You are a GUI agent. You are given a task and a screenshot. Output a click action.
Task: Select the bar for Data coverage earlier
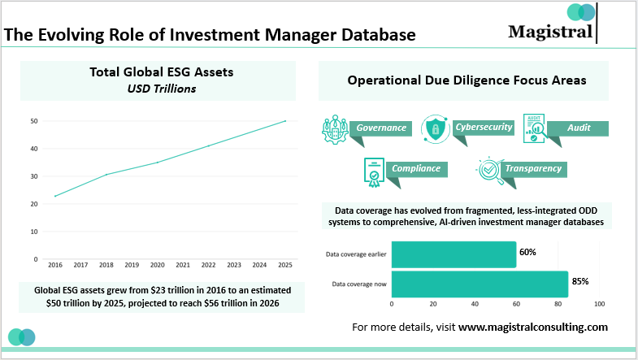tap(454, 254)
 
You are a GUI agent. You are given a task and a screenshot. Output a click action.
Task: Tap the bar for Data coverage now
tap(480, 284)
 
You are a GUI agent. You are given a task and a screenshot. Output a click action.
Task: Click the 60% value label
tap(527, 252)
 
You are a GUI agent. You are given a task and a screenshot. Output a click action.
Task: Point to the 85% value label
tap(579, 281)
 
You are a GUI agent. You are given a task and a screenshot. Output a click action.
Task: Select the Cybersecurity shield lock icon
tap(436, 128)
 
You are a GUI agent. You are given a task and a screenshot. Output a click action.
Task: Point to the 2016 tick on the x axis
tap(55, 265)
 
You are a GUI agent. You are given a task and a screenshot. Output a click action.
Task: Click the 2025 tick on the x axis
tap(284, 265)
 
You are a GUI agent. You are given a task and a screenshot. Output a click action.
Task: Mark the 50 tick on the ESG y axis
tap(35, 121)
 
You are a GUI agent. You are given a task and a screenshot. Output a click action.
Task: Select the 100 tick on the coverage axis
tap(600, 304)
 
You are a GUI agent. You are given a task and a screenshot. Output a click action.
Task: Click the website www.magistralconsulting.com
tap(533, 327)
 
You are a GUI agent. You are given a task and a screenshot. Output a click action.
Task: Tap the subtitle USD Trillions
tap(161, 88)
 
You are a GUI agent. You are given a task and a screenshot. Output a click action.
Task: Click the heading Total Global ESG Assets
tap(161, 72)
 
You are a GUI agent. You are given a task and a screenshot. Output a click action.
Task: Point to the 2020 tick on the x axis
tap(157, 265)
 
